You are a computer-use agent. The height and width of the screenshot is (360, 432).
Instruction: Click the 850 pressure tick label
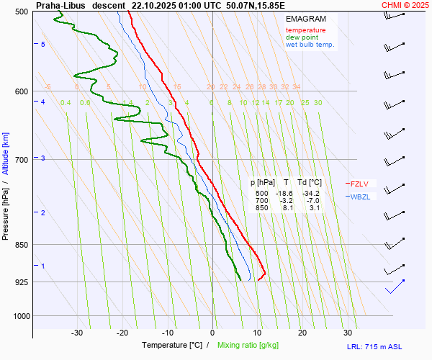point(21,245)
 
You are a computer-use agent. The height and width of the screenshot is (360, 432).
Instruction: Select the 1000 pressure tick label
point(19,315)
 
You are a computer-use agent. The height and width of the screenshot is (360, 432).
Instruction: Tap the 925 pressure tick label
point(21,282)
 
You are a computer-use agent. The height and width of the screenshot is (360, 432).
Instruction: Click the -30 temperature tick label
point(77,333)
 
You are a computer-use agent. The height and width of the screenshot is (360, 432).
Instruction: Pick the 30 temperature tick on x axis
point(348,333)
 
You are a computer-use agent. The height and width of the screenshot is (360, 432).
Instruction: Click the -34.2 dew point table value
point(311,194)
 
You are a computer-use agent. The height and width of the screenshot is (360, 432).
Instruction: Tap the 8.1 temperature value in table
point(287,207)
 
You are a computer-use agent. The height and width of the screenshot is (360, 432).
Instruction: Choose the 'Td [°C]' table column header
point(310,182)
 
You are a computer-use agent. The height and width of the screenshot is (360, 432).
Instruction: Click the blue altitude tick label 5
point(43,45)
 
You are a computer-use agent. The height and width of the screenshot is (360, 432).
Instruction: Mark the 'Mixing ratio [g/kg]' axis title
point(253,346)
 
